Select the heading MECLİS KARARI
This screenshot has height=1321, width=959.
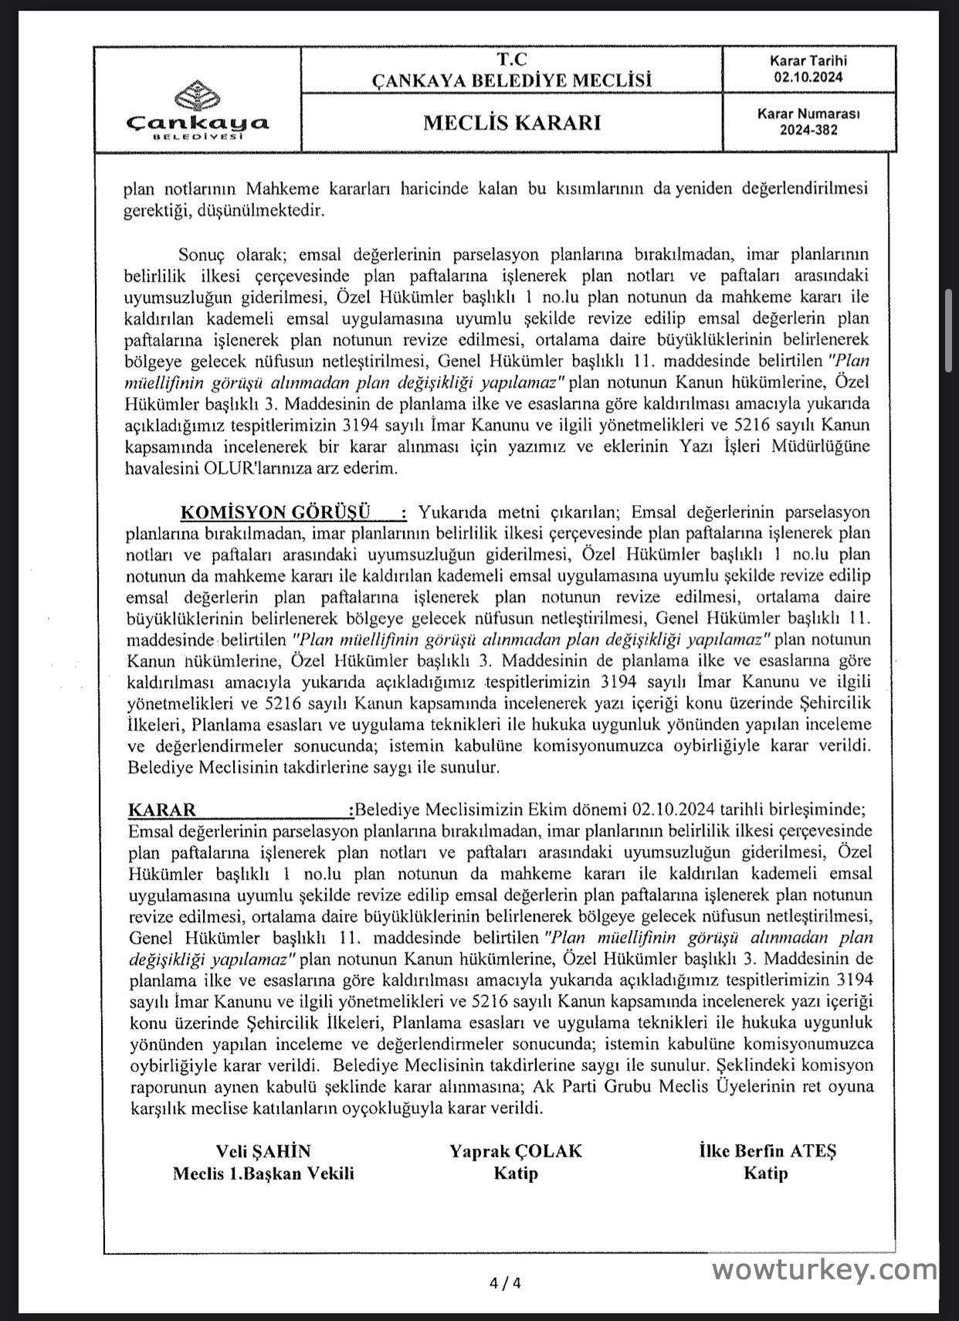[x=512, y=123]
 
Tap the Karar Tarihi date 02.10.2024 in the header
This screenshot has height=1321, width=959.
[x=808, y=77]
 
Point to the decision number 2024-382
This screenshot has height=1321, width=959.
[x=808, y=130]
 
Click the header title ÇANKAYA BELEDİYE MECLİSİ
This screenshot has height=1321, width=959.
[x=512, y=80]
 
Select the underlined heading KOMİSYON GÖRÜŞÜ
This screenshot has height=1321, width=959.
[x=275, y=512]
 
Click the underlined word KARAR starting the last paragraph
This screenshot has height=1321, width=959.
[x=162, y=810]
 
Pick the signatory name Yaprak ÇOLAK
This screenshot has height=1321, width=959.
[x=516, y=1151]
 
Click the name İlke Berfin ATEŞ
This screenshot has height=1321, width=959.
[x=767, y=1151]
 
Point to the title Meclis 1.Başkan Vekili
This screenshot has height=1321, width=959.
[x=263, y=1173]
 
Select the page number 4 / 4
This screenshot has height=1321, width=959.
[x=506, y=1284]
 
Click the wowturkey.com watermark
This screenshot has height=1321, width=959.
[x=825, y=1269]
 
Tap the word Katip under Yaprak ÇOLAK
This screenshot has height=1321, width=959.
[x=516, y=1173]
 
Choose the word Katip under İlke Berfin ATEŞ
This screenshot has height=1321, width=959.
[x=766, y=1173]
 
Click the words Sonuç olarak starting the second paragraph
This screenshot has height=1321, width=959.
[x=227, y=254]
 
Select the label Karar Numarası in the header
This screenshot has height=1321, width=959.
[x=808, y=114]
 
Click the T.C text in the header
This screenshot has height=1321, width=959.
[x=512, y=59]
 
